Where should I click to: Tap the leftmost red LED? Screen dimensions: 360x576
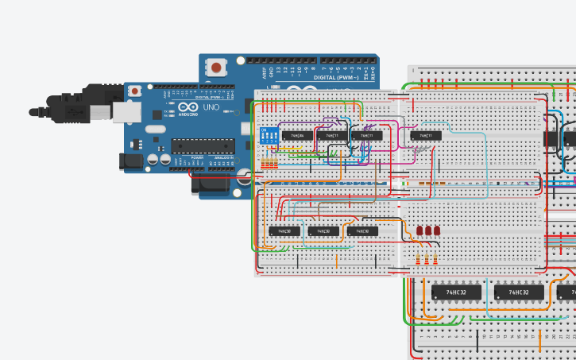(x=419, y=231)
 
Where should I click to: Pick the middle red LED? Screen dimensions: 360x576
(x=428, y=231)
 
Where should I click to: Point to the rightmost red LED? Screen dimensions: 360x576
(x=436, y=231)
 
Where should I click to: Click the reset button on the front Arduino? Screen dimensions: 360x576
(x=135, y=92)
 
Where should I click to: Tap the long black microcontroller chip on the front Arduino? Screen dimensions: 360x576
(x=203, y=145)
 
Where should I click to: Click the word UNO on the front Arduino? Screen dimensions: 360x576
(x=211, y=106)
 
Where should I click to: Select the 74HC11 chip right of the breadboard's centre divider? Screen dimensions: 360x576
(x=425, y=136)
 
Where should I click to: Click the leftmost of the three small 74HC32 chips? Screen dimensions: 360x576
(x=285, y=231)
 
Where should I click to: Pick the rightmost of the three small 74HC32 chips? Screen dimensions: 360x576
(x=362, y=231)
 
